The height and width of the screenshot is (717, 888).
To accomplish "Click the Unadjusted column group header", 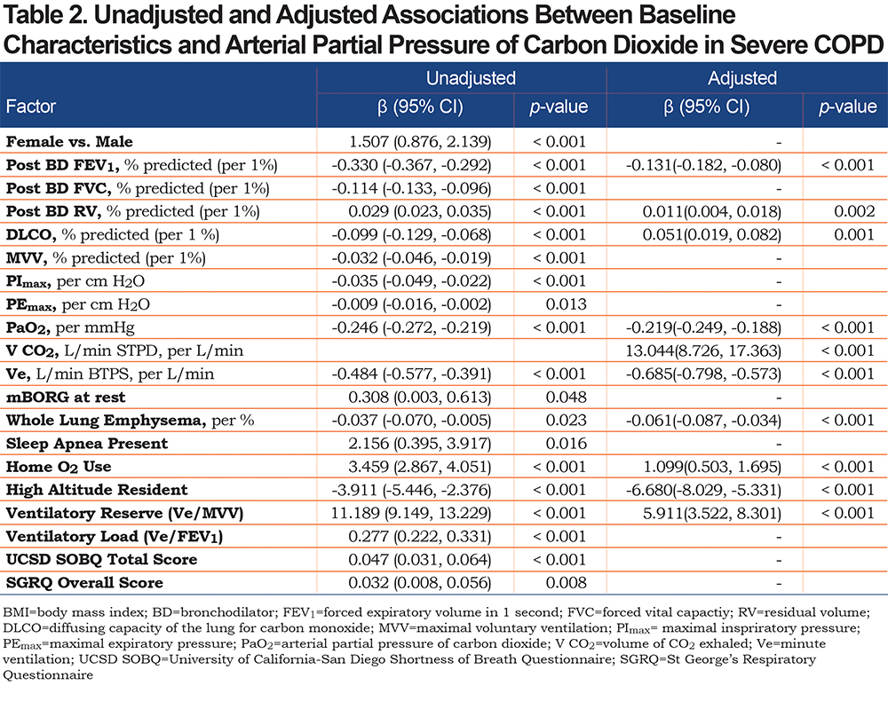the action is (x=471, y=78).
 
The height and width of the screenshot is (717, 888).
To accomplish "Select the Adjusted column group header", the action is (x=741, y=78).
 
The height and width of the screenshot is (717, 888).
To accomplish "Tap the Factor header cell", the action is (x=31, y=106).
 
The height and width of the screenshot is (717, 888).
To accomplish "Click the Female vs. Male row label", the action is (x=69, y=141).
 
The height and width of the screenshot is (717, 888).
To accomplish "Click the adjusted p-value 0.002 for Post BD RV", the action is (x=854, y=212).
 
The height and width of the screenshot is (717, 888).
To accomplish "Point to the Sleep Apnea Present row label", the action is (x=87, y=444).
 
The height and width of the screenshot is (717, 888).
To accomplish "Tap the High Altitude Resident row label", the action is (x=97, y=490).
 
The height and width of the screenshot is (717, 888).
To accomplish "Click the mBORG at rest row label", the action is (x=66, y=398).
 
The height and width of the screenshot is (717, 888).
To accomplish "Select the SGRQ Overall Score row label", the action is (x=84, y=583).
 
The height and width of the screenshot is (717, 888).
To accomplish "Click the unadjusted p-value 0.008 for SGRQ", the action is (x=567, y=583).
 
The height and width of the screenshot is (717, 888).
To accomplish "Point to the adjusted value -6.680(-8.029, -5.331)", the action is (x=703, y=490).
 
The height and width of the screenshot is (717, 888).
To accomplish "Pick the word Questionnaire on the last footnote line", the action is (x=48, y=675).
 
